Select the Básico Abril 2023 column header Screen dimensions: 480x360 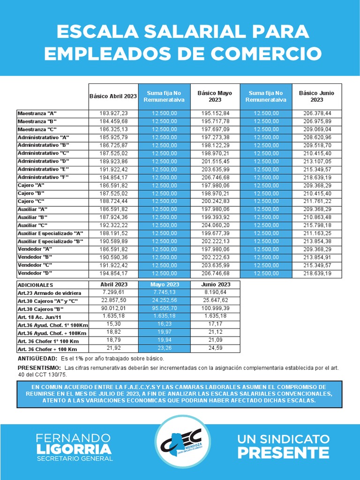tap(113, 96)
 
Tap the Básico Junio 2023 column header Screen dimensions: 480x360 tap(317, 96)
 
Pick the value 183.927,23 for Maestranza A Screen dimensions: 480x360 tap(113, 113)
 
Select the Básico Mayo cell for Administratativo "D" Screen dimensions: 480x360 tap(215, 161)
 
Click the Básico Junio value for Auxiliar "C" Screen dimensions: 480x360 tap(317, 225)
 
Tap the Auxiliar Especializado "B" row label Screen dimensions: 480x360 tap(50, 241)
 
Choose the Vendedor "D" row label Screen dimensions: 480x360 tap(35, 273)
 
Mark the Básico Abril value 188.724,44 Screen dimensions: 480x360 tap(113, 201)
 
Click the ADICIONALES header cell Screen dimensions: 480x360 tap(36, 285)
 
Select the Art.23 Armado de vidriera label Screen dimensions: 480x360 tap(46, 292)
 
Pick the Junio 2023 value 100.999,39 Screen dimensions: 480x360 tap(216, 309)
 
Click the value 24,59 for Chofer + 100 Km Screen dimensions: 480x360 tap(216, 349)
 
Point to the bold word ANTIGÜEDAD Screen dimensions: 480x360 tap(35, 359)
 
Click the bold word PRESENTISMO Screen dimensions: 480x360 tap(39, 368)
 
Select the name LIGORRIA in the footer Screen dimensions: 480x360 tap(75, 449)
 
